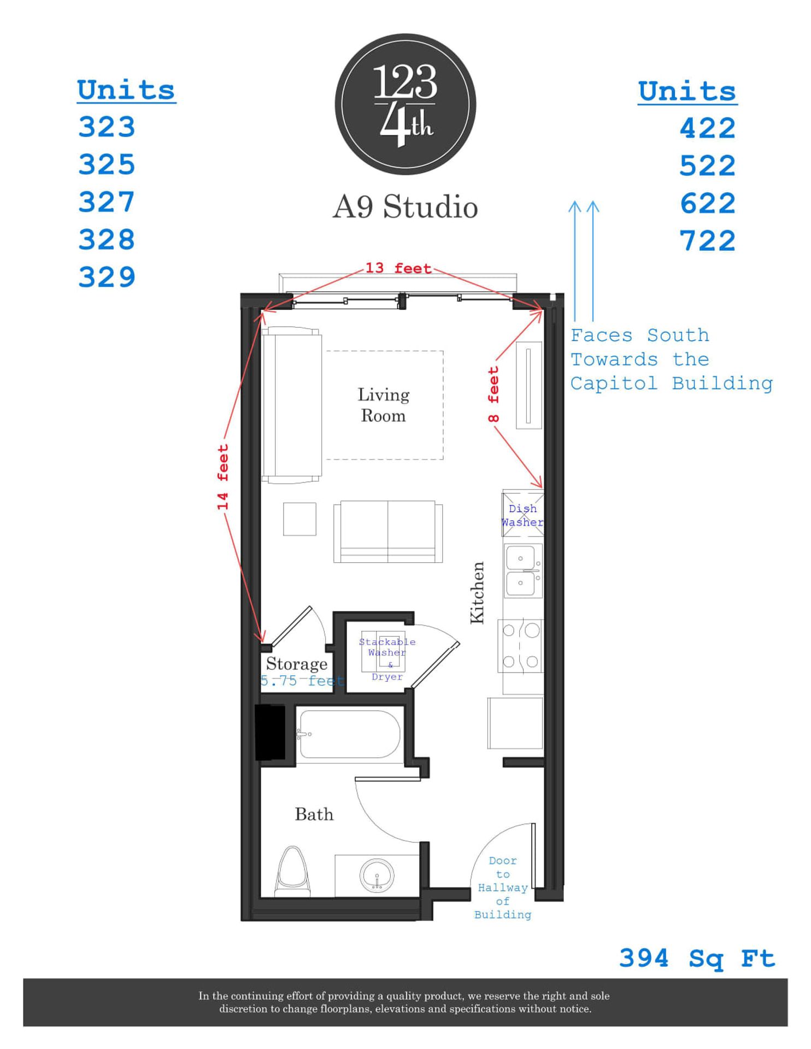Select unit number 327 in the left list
(107, 202)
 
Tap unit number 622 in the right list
(707, 204)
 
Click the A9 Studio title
(405, 207)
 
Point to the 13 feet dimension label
(398, 268)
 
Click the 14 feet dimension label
(222, 477)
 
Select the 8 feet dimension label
(493, 394)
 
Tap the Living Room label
(384, 405)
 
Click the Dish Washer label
(522, 515)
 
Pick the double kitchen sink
(522, 570)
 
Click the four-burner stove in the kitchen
(520, 646)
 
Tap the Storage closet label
(297, 664)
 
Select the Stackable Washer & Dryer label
(387, 658)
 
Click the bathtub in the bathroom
(350, 734)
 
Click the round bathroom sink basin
(377, 875)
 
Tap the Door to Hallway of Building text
(503, 887)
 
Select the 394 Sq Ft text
(697, 958)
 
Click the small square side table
(299, 519)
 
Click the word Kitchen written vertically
(477, 592)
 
